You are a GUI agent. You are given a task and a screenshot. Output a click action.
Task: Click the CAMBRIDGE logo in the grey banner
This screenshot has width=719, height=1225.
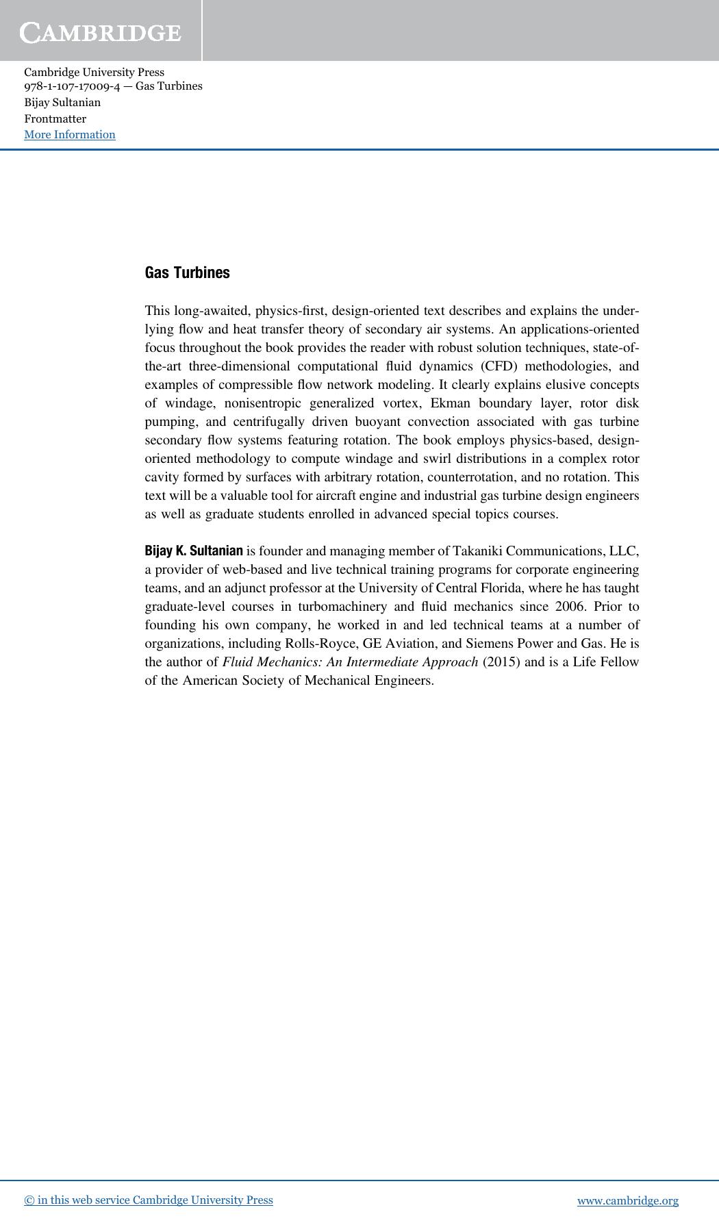pos(101,32)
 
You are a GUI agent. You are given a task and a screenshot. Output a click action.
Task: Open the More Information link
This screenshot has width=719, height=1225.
pos(70,135)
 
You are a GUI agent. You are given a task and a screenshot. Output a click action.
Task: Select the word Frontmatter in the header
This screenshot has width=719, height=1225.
pos(55,118)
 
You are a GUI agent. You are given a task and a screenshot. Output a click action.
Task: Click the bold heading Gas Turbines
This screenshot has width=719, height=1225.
pos(187,273)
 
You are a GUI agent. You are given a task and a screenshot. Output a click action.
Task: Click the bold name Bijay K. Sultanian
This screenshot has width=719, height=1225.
pos(194,551)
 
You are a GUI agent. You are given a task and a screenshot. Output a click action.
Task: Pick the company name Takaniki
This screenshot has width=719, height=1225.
pos(478,551)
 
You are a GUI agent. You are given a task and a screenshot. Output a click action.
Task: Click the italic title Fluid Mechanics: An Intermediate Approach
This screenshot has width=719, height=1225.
pos(350,662)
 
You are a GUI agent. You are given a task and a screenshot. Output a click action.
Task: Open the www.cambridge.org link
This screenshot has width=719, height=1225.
pos(627,1200)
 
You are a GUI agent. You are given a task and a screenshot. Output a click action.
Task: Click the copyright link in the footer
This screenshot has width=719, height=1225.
pos(149,1200)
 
